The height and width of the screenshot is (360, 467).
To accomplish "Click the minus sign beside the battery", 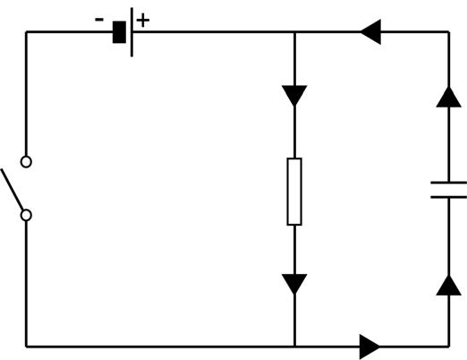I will click(100, 19).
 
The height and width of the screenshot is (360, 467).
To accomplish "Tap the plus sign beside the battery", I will click(143, 19).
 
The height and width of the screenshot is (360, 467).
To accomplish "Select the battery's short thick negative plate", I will click(118, 32).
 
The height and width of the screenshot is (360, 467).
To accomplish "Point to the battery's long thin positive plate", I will click(132, 32).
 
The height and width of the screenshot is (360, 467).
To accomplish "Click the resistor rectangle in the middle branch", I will click(294, 191).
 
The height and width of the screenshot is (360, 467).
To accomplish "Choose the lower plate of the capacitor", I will click(447, 196).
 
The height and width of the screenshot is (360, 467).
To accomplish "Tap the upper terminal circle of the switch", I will click(26, 162).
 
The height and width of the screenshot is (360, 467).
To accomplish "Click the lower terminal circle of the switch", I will click(26, 215).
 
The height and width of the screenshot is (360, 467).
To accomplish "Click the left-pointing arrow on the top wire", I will click(371, 32).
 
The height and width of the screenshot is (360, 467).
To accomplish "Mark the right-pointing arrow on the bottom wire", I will click(369, 345).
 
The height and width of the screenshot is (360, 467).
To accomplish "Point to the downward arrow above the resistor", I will click(294, 95).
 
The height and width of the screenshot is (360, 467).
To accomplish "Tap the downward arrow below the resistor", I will click(294, 285).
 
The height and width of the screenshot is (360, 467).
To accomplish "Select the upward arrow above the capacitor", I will click(447, 95).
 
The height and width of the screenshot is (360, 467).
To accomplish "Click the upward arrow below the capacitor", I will click(447, 285).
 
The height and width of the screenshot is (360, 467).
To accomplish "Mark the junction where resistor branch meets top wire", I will click(294, 32).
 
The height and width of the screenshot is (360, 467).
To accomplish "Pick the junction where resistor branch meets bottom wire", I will click(294, 345).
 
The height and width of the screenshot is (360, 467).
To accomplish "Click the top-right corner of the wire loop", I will click(447, 32).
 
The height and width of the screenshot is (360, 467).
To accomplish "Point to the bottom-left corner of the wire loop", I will click(26, 345).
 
